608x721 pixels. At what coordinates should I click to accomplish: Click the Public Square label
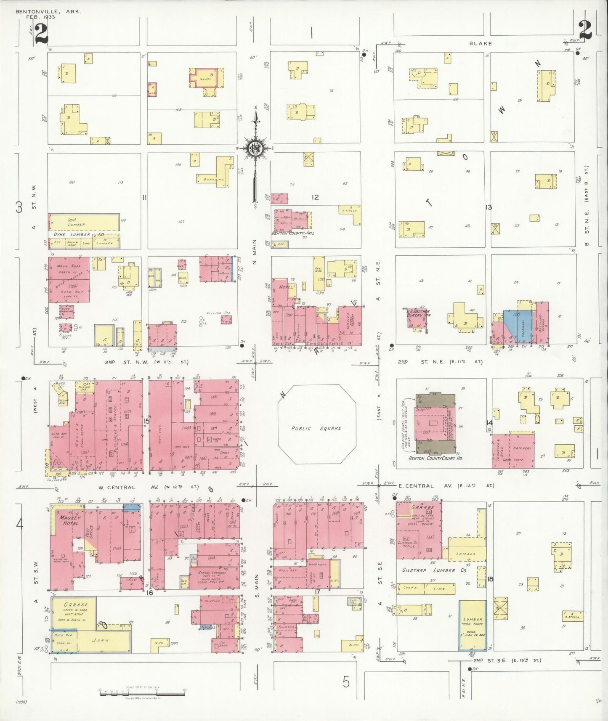click(316, 428)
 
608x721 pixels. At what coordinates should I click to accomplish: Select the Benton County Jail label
click(293, 233)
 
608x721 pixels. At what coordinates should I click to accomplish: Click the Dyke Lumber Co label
click(79, 234)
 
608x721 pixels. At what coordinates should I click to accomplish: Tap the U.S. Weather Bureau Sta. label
click(418, 313)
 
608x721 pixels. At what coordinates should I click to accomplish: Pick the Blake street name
click(481, 43)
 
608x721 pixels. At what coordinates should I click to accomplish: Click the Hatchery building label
click(522, 448)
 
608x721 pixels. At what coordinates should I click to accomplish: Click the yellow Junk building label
click(102, 640)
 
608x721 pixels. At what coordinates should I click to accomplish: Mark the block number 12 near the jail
click(315, 197)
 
